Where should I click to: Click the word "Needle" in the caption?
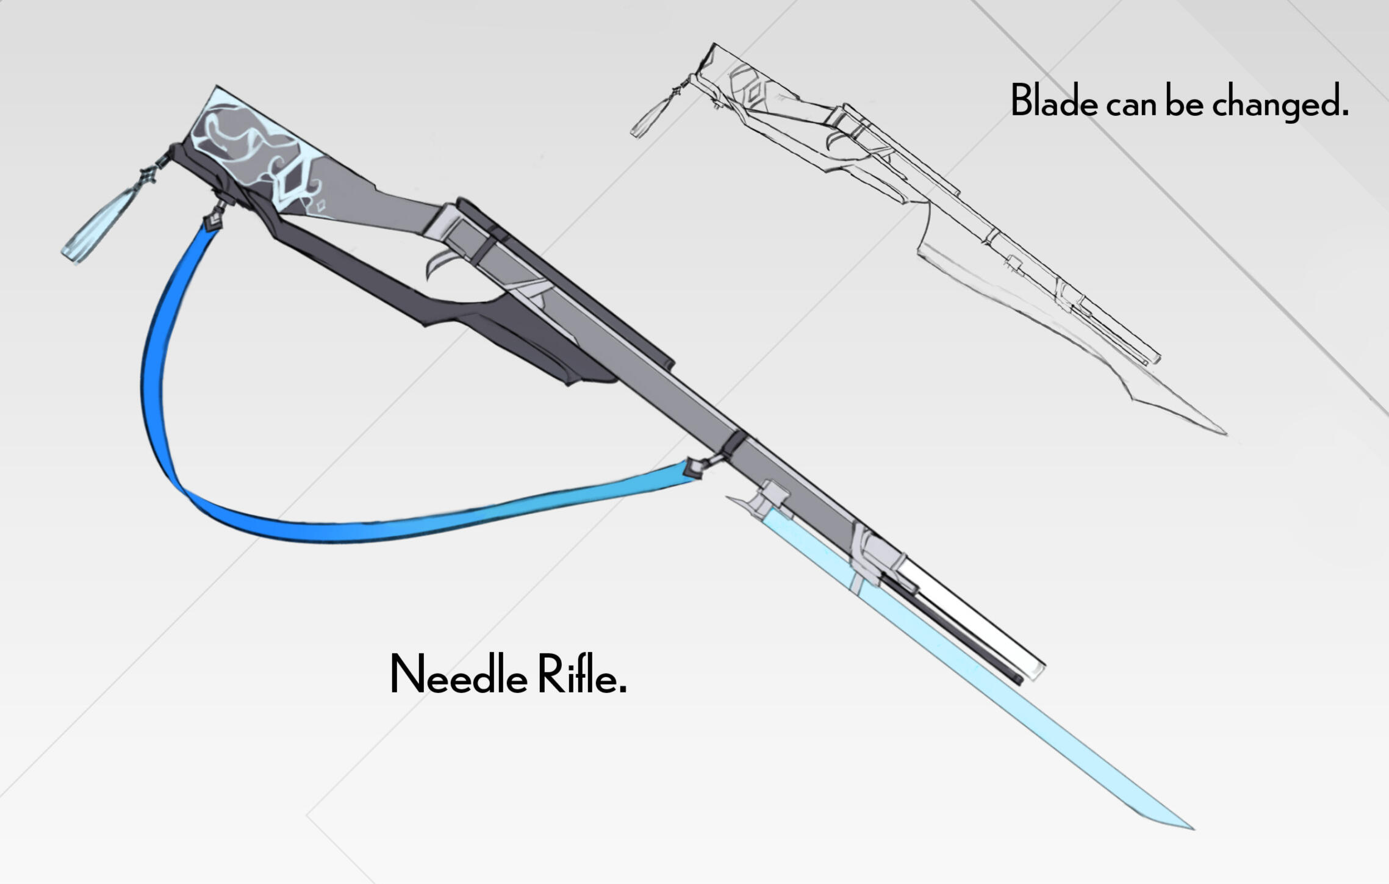tap(458, 675)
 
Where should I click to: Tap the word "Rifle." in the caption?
tap(582, 675)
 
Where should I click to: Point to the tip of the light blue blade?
tap(1190, 828)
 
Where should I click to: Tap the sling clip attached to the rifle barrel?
tap(695, 468)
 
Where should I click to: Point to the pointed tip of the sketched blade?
tap(1224, 433)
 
